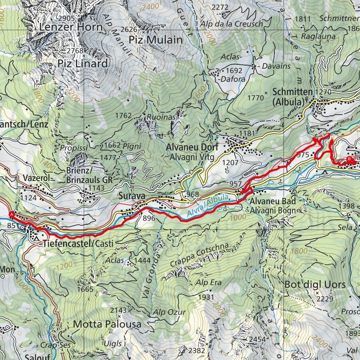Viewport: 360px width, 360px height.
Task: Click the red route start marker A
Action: click(x=12, y=215)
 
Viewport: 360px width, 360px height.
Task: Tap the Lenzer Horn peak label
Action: click(x=71, y=27)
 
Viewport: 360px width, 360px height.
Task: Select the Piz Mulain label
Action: click(x=156, y=40)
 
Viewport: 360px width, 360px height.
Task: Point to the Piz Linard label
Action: click(x=83, y=64)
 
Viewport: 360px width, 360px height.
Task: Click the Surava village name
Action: click(x=130, y=197)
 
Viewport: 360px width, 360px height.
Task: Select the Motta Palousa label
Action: click(x=107, y=324)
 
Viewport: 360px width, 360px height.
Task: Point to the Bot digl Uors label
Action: click(x=315, y=284)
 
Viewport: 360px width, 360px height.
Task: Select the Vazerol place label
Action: click(x=36, y=178)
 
